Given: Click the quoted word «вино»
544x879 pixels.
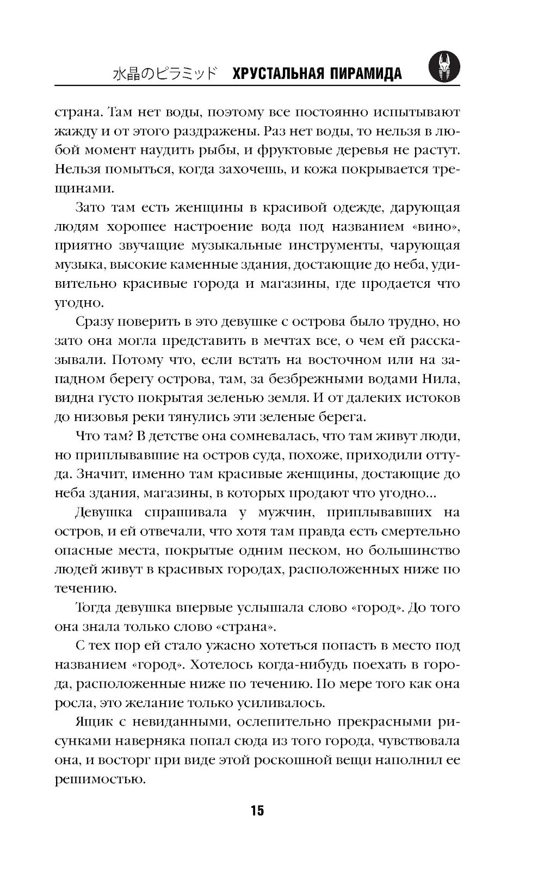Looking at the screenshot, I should [435, 226].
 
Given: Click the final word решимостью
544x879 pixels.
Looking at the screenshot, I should [99, 779].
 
